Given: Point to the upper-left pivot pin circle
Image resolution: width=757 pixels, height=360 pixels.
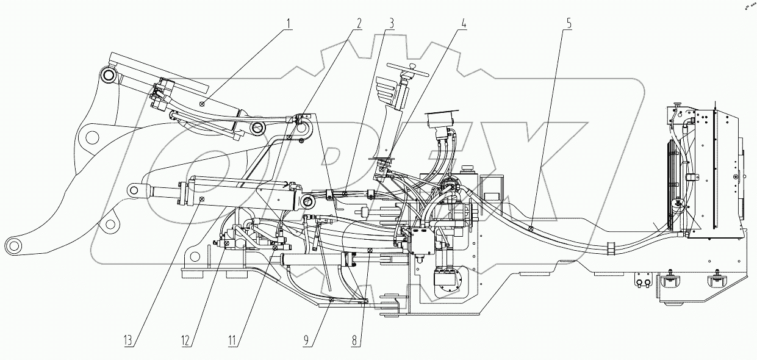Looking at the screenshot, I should [110, 76].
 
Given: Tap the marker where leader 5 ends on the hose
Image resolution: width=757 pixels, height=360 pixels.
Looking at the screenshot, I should [531, 230].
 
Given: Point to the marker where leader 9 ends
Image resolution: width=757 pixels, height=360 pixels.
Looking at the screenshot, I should [331, 299].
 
